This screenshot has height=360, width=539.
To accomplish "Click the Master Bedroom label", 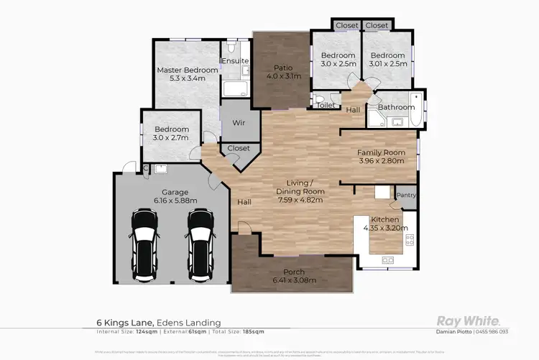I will tap(187, 70).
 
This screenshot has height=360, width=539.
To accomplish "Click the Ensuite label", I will tap(235, 61).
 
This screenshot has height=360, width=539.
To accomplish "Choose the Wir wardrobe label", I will tap(239, 123).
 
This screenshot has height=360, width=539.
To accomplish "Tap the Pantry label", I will tap(406, 195).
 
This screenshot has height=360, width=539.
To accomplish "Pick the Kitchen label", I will tap(384, 219).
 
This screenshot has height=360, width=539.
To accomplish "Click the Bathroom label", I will tap(397, 108).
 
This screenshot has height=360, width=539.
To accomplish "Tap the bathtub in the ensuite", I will tap(234, 90).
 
